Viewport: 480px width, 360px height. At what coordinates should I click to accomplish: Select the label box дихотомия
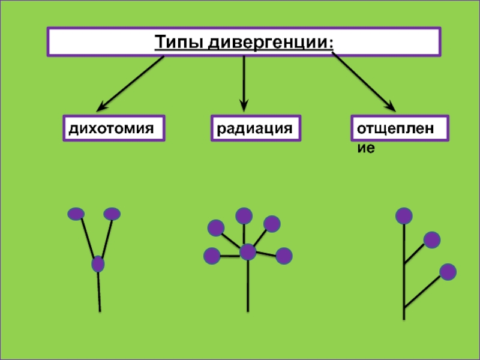point(114,128)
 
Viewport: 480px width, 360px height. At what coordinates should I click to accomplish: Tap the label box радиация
point(255,128)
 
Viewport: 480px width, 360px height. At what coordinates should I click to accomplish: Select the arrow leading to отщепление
point(363,81)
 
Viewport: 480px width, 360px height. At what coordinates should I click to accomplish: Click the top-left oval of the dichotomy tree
point(76,213)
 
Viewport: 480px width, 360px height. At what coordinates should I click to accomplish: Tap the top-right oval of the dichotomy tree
point(112,214)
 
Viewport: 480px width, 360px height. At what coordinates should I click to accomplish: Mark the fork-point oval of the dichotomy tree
point(98,263)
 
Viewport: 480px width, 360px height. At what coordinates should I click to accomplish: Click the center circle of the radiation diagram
point(248,252)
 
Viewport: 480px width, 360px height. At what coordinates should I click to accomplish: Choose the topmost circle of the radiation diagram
point(244,215)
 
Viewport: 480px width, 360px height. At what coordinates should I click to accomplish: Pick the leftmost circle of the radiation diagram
point(212,256)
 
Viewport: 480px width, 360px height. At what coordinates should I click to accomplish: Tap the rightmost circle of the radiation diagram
point(284,256)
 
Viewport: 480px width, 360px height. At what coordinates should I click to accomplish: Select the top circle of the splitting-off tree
point(404,215)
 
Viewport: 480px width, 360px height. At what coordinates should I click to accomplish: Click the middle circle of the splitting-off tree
point(431,240)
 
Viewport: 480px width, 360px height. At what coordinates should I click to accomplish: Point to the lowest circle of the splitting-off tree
point(448,272)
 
